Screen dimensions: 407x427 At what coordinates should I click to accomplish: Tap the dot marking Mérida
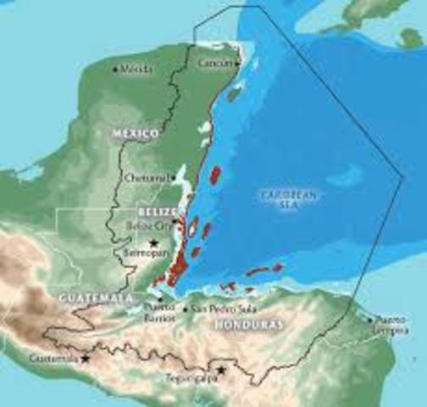click(116, 69)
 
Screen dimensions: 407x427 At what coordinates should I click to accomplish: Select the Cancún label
click(213, 64)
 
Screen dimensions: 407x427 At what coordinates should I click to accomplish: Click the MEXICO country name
click(136, 134)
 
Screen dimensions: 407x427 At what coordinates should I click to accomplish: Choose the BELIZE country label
click(156, 211)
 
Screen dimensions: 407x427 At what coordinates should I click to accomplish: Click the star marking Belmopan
click(153, 243)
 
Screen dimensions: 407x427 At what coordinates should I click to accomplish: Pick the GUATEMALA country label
click(95, 298)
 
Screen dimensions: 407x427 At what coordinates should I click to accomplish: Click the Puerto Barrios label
click(159, 311)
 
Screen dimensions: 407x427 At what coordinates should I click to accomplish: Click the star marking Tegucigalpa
click(222, 370)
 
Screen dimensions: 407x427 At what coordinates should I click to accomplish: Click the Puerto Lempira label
click(392, 325)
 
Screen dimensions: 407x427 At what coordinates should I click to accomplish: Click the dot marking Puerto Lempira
click(370, 320)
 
